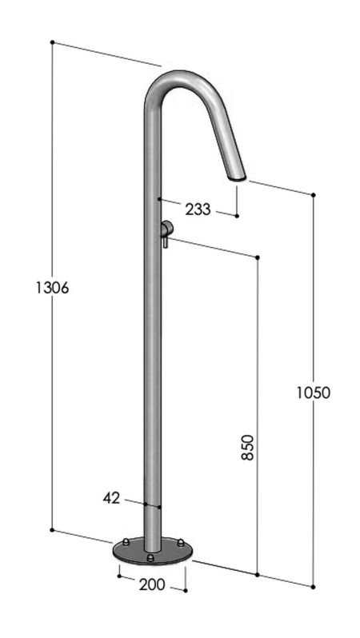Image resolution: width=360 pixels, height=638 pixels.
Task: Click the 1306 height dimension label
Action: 53,288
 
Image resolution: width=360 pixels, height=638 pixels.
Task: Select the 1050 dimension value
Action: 313,393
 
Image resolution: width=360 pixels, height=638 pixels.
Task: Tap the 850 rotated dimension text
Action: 248,447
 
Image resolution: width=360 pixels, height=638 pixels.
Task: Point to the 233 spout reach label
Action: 198,209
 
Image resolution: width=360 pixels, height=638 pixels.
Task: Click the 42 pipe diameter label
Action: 111,497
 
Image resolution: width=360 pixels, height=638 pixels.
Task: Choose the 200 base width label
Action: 152,584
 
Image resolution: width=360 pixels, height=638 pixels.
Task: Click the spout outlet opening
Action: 237,177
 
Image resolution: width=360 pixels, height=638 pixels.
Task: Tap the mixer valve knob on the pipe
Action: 166,229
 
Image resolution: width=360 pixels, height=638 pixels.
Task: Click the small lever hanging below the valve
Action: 166,242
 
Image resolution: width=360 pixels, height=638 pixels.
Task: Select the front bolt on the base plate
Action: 150,557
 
